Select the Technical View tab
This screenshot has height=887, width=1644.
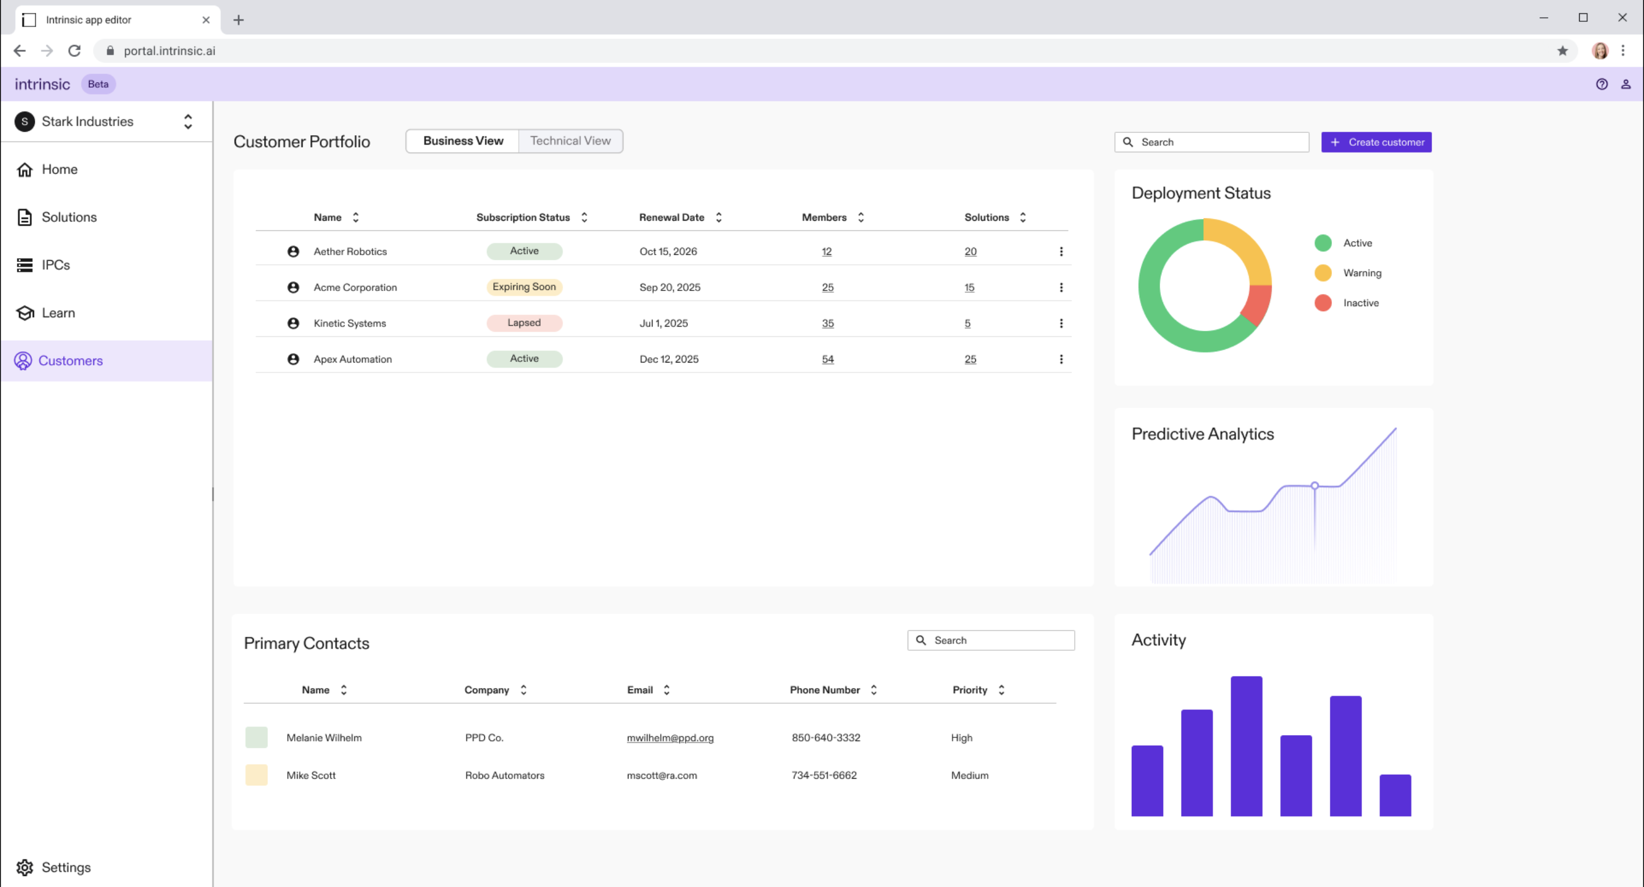click(x=570, y=141)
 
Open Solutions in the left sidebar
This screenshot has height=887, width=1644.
click(x=69, y=217)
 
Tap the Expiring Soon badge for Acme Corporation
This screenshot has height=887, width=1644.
click(x=524, y=287)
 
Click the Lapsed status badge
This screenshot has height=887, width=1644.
click(x=524, y=323)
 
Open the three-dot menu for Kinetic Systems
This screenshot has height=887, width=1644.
click(x=1061, y=323)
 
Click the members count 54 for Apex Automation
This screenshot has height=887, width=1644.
click(x=828, y=359)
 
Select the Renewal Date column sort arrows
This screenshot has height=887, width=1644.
click(x=719, y=217)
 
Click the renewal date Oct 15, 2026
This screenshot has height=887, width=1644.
click(x=668, y=251)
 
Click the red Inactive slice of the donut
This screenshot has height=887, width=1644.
click(x=1256, y=306)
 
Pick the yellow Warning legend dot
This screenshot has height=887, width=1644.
click(x=1323, y=273)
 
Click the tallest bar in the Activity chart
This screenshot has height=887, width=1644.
click(x=1246, y=746)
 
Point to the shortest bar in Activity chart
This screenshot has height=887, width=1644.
click(x=1395, y=795)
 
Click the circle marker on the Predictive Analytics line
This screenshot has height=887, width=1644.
click(x=1315, y=486)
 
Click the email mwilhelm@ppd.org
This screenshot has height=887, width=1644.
click(x=670, y=738)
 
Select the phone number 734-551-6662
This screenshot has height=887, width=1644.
click(x=824, y=775)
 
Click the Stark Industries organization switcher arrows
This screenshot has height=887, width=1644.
click(x=188, y=121)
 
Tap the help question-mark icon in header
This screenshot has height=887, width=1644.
click(x=1602, y=84)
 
